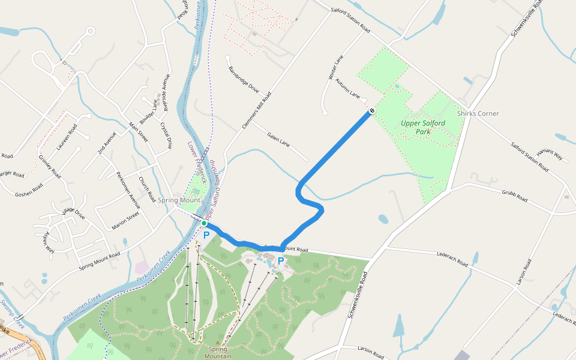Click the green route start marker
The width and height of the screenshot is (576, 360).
click(204, 223)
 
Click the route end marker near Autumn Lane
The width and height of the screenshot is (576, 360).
click(373, 110)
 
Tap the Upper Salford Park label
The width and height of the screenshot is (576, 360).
click(423, 127)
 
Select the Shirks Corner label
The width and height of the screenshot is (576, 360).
click(478, 113)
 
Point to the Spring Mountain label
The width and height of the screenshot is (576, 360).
click(218, 352)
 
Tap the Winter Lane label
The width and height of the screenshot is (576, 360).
click(335, 68)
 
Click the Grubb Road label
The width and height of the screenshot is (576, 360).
click(514, 196)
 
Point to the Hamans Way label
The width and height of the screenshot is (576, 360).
click(550, 154)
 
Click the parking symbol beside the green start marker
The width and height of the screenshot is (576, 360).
click(206, 236)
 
